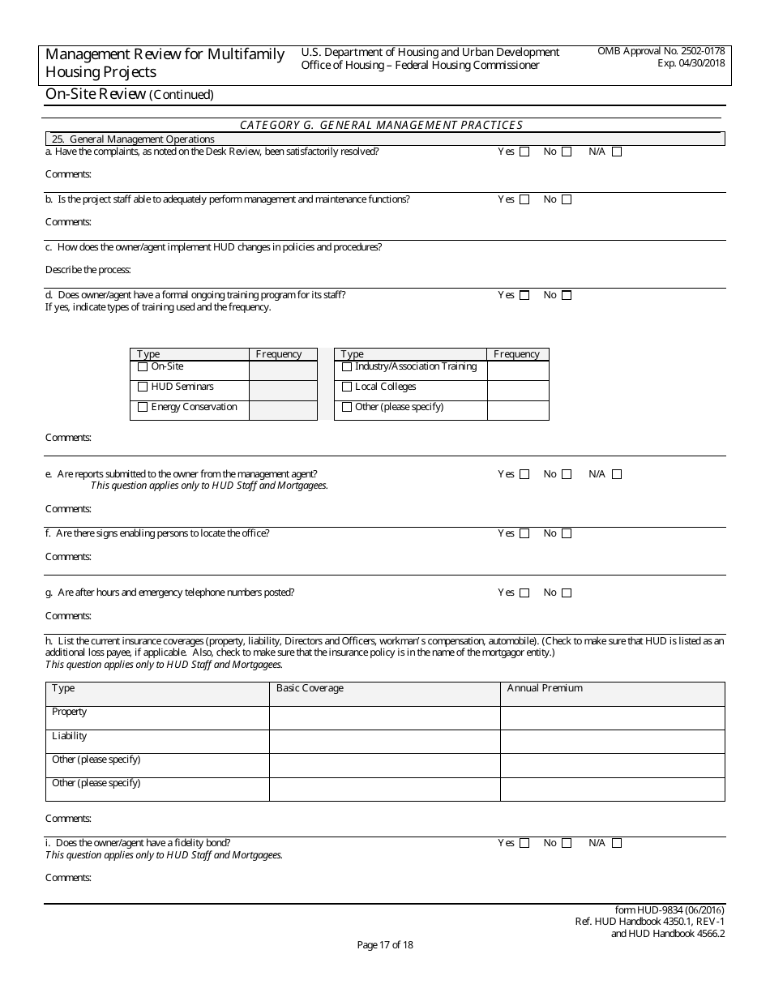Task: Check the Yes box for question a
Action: [x=524, y=152]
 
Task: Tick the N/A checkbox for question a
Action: [x=617, y=152]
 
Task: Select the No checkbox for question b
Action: [x=567, y=199]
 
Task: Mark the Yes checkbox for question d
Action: [x=524, y=295]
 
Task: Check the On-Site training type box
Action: [x=143, y=367]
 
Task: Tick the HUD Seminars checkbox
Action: [x=143, y=387]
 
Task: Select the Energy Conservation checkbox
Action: [x=143, y=408]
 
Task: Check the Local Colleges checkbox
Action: [x=347, y=387]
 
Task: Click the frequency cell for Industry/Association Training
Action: [x=518, y=370]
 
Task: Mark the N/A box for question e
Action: [x=617, y=474]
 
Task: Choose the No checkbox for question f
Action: [x=567, y=533]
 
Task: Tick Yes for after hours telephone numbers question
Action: [x=524, y=593]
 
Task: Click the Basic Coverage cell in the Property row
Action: [x=384, y=717]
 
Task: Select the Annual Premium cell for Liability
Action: [x=612, y=742]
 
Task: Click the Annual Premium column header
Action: [x=545, y=688]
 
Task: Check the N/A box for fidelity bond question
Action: [x=617, y=843]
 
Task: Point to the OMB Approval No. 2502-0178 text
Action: [x=661, y=51]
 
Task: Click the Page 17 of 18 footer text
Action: [x=385, y=944]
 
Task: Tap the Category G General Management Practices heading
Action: [x=381, y=125]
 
